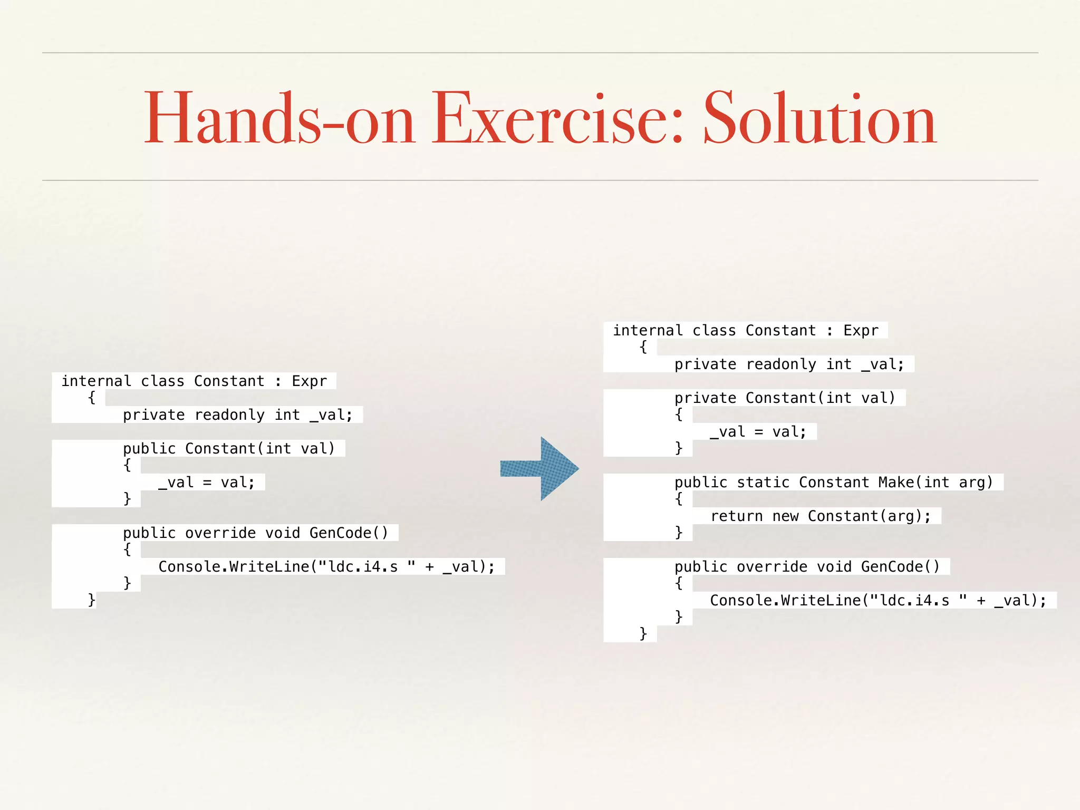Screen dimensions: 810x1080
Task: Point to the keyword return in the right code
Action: point(737,516)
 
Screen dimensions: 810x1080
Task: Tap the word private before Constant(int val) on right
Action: point(705,398)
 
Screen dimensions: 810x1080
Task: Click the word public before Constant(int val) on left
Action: point(149,449)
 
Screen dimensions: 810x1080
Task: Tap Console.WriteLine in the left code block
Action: point(234,567)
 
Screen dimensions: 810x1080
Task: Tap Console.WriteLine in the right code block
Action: point(785,601)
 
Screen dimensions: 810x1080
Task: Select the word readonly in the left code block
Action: point(229,415)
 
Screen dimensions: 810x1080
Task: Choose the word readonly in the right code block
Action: point(781,364)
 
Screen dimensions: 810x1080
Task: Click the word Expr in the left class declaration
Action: point(310,381)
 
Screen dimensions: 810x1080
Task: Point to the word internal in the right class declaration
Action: point(648,331)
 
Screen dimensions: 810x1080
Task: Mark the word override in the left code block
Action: point(220,533)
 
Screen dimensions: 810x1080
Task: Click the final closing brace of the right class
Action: point(643,633)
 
